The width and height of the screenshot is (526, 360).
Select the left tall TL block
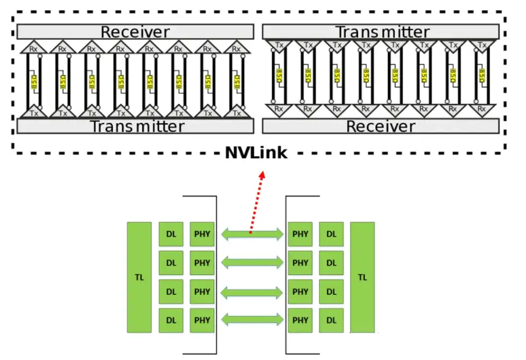tap(139, 277)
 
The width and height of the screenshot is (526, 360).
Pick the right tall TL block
tap(362, 277)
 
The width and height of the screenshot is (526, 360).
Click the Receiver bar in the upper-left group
tap(135, 32)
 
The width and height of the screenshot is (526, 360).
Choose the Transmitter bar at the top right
tap(382, 32)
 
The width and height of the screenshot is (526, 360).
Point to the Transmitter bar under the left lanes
tap(135, 126)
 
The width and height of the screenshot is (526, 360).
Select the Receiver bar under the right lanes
tap(381, 126)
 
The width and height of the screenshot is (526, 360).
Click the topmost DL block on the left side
tap(171, 234)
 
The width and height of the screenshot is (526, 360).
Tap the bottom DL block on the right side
tap(331, 320)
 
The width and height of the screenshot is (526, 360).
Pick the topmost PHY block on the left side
tap(202, 234)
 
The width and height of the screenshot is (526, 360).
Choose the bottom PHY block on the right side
tap(300, 320)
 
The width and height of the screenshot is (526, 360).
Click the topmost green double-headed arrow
tap(252, 234)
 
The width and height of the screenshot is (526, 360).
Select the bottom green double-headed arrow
tap(252, 320)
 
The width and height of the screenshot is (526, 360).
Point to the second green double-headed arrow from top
tap(252, 263)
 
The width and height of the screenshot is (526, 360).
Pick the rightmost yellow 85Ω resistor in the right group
tap(481, 74)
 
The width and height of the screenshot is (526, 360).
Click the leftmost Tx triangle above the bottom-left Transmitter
tap(34, 112)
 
